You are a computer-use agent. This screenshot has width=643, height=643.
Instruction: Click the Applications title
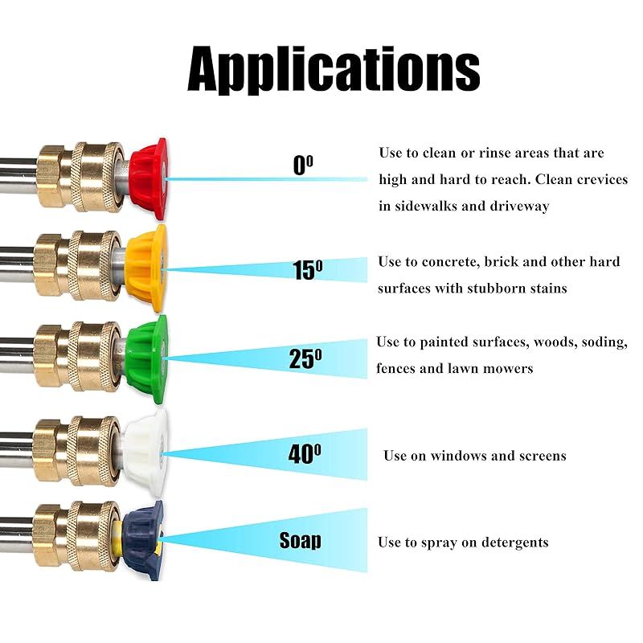[x=334, y=70]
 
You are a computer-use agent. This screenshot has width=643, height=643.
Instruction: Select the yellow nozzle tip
[x=146, y=268]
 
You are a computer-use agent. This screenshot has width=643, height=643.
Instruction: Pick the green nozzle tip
[x=146, y=359]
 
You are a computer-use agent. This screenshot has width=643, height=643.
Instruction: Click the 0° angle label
[x=304, y=166]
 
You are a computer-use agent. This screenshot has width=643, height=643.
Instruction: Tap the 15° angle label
[x=307, y=269]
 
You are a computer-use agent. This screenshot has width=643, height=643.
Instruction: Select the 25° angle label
[x=305, y=358]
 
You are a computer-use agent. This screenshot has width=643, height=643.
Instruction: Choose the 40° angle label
[x=305, y=453]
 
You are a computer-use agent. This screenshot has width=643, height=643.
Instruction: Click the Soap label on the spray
[x=300, y=540]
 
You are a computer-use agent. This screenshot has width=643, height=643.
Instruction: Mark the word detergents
[x=514, y=543]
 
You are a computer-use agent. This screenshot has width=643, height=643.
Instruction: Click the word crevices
[x=602, y=179]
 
